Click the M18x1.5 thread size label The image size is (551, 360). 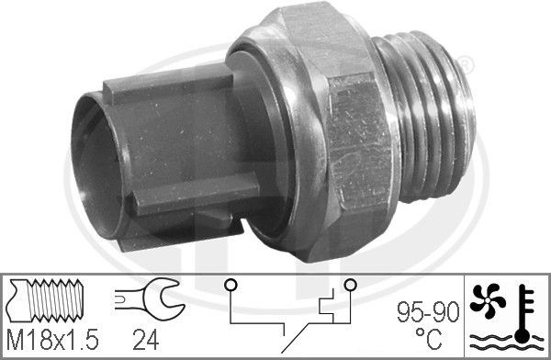[x=52, y=341]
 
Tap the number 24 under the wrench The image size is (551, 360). [x=146, y=341]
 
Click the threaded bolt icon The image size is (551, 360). [x=46, y=300]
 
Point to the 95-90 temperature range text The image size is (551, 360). [x=428, y=312]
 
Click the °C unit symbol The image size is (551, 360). [x=429, y=338]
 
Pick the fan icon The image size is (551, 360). [x=488, y=300]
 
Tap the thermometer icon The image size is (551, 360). [x=524, y=313]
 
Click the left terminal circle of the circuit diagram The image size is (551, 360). [x=231, y=285]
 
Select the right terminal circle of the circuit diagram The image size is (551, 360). [x=351, y=285]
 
